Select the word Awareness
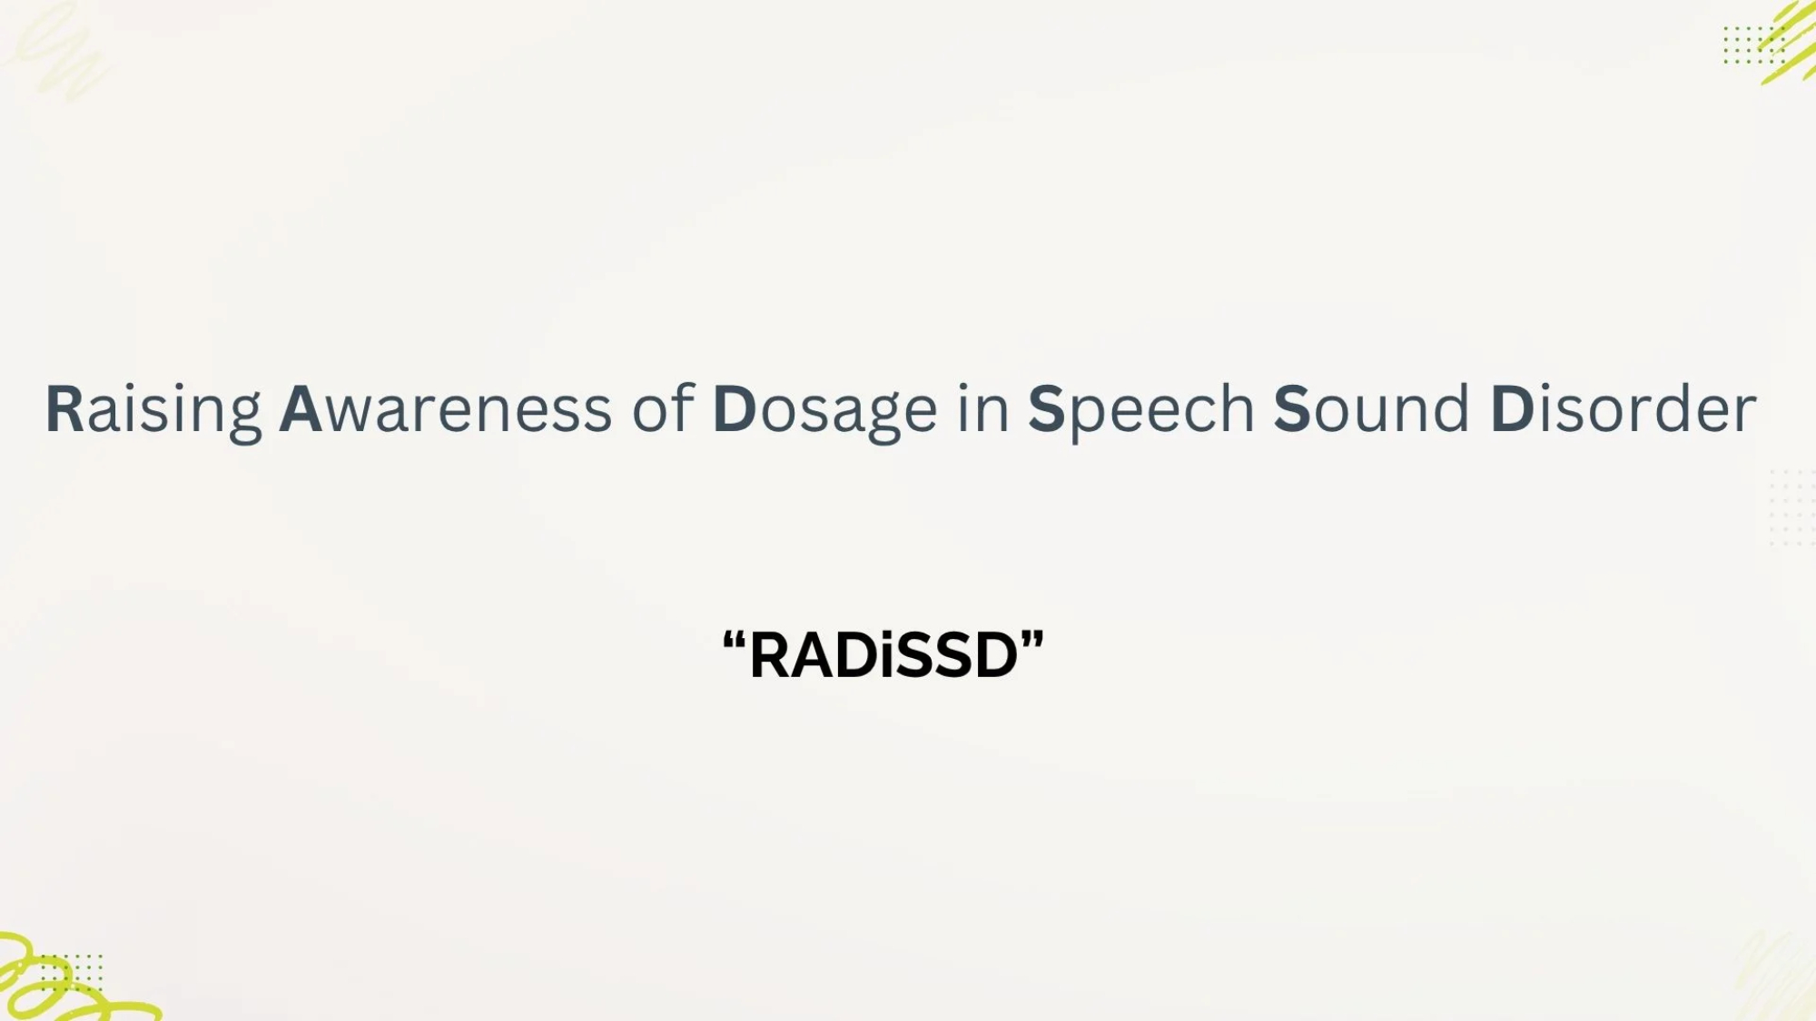(x=445, y=409)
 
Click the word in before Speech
(x=983, y=407)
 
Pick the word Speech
(x=1141, y=411)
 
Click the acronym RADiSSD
(x=883, y=655)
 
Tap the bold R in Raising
(x=64, y=409)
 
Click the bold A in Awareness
(x=301, y=409)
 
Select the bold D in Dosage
(x=735, y=409)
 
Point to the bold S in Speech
(x=1046, y=409)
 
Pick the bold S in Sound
(x=1292, y=409)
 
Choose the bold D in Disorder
(x=1512, y=409)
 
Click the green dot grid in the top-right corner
(x=1753, y=45)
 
